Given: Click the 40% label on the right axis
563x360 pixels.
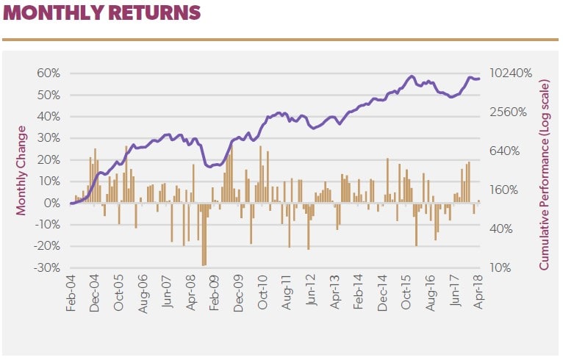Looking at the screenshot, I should point(504,228).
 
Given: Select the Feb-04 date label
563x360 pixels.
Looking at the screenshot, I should point(71,294).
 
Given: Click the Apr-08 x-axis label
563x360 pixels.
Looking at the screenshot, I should point(191,294).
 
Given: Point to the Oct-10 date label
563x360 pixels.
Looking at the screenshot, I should point(262,294).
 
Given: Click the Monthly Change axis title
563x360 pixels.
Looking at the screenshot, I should point(21,170).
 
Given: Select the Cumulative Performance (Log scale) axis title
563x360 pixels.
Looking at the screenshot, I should point(545,170).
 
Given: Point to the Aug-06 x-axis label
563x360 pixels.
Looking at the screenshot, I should point(143,294).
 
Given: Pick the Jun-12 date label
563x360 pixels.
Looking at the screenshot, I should point(310,294).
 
